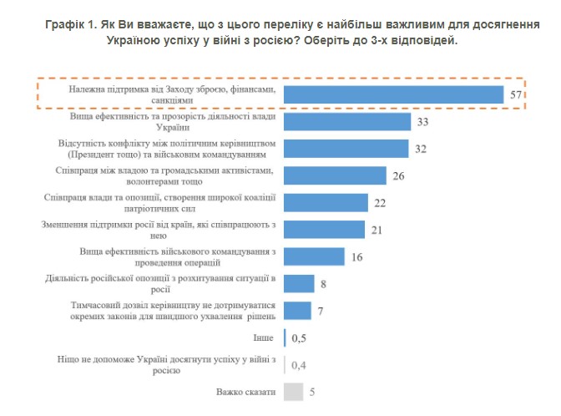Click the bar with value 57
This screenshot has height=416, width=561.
(x=392, y=94)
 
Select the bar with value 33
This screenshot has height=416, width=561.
(x=347, y=122)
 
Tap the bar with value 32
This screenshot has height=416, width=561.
(x=346, y=149)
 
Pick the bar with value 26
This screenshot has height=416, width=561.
(x=335, y=175)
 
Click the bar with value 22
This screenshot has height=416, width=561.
(x=326, y=202)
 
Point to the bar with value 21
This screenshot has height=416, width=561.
(x=325, y=229)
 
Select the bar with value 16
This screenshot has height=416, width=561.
(x=315, y=256)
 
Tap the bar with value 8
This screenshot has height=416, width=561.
(x=299, y=283)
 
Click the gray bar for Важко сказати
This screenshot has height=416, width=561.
(x=293, y=391)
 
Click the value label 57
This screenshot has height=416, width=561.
(x=516, y=95)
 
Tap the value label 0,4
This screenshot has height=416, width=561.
(x=298, y=364)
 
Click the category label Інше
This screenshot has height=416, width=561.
(x=261, y=337)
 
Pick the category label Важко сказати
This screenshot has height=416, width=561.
(x=246, y=391)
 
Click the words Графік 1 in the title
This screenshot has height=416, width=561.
(x=74, y=25)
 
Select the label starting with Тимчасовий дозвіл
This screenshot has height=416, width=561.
(x=172, y=311)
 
